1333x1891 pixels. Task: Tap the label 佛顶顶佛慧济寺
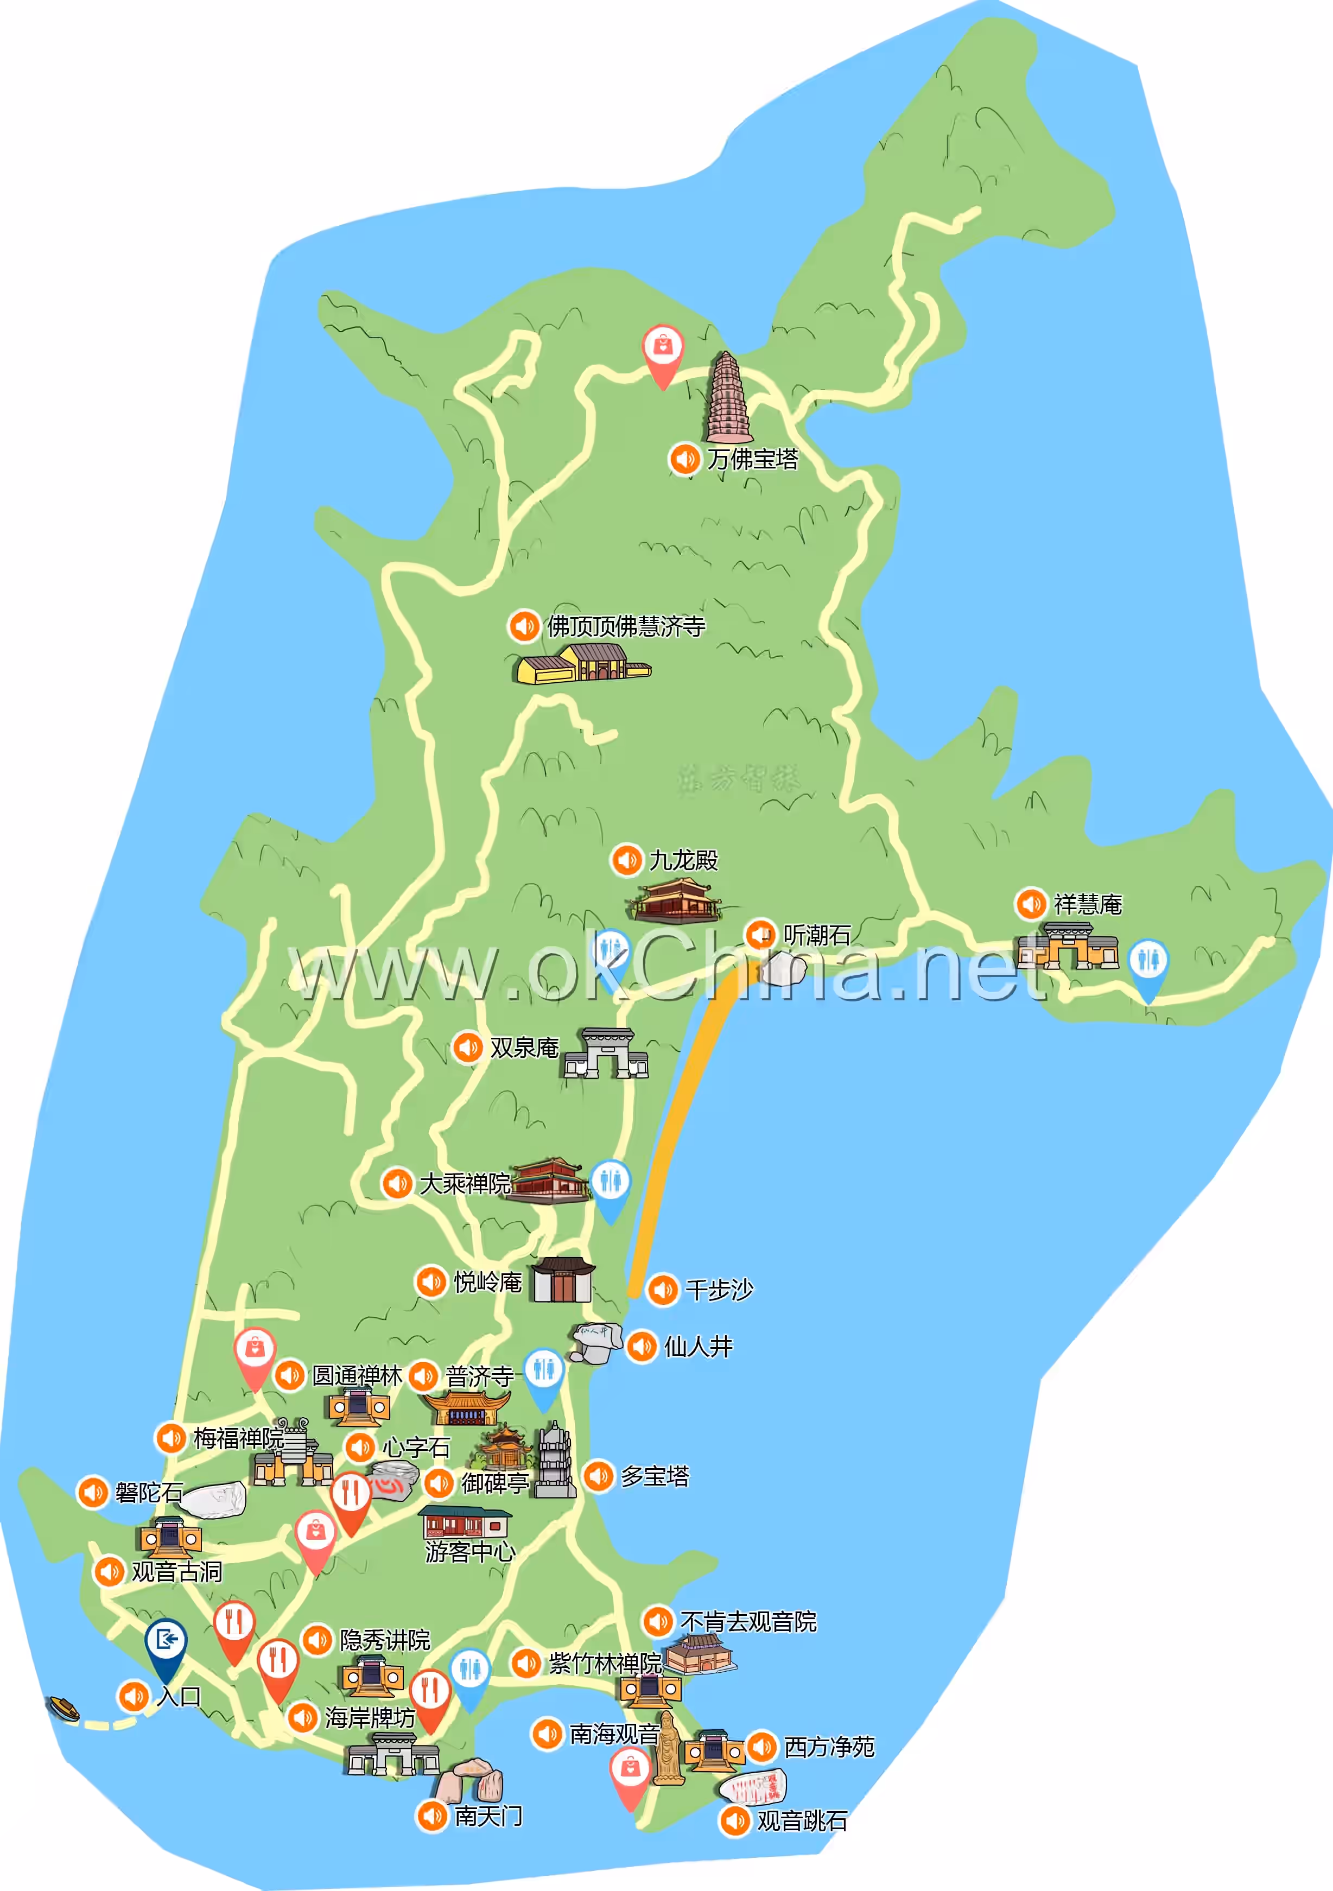coord(626,627)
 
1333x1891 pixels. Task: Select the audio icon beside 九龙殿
coord(626,860)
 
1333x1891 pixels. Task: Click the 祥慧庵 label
coord(1088,904)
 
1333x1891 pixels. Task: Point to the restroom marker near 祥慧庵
coord(1148,963)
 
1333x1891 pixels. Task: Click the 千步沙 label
coord(719,1290)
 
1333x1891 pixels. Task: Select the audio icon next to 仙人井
coord(642,1348)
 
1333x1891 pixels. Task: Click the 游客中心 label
coord(470,1552)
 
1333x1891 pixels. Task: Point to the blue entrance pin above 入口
coord(166,1642)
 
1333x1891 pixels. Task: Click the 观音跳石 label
coord(802,1821)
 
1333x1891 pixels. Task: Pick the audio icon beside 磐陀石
coord(93,1493)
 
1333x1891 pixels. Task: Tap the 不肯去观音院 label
coord(748,1622)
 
